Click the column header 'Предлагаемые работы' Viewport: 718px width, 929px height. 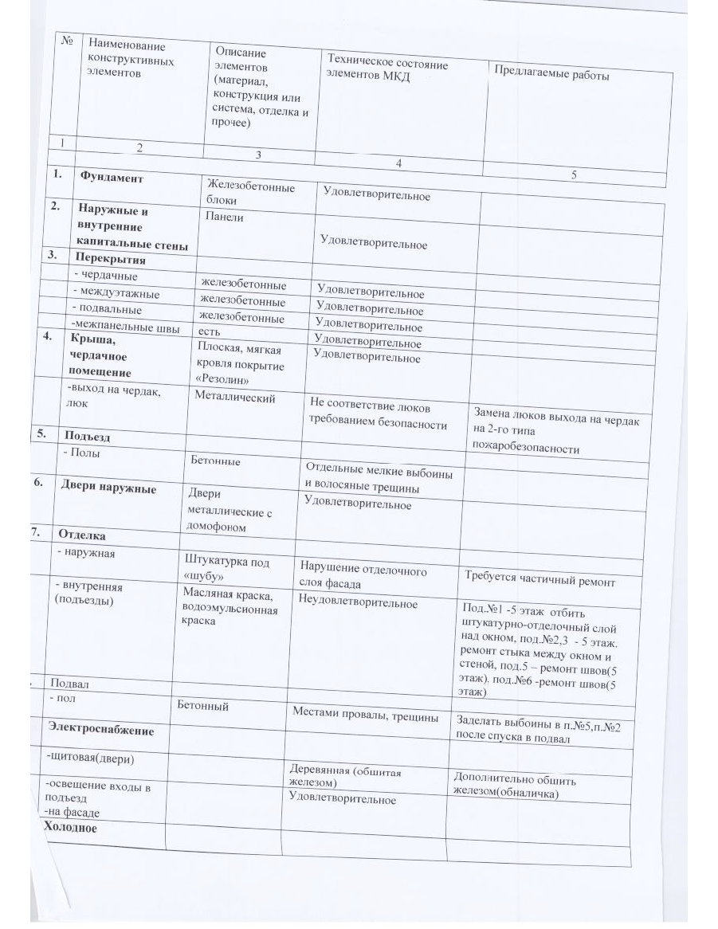[551, 76]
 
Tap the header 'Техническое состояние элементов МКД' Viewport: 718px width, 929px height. [387, 70]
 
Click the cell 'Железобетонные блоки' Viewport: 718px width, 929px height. [249, 194]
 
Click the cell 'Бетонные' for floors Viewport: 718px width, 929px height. [215, 461]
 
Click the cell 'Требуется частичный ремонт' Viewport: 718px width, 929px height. [539, 582]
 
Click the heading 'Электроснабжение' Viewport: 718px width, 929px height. [100, 729]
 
